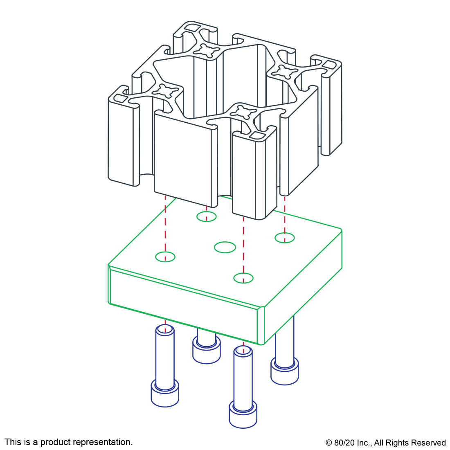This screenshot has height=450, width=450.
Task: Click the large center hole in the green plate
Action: coord(225,247)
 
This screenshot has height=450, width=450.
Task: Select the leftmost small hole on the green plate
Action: coord(165,257)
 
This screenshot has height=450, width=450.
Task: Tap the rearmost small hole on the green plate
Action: coord(207,216)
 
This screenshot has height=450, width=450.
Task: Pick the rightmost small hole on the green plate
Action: coord(285,238)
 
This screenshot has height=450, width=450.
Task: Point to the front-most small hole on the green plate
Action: coord(243,278)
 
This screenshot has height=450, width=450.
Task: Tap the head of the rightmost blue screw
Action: coord(284,371)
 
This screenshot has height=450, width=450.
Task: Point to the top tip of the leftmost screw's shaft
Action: coord(165,330)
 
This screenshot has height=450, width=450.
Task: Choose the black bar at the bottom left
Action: coord(68,443)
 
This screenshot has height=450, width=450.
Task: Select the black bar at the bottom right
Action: coord(385,443)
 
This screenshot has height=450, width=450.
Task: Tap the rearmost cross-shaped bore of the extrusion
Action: coord(203,50)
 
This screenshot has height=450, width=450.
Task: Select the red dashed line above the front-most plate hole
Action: coord(243,245)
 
